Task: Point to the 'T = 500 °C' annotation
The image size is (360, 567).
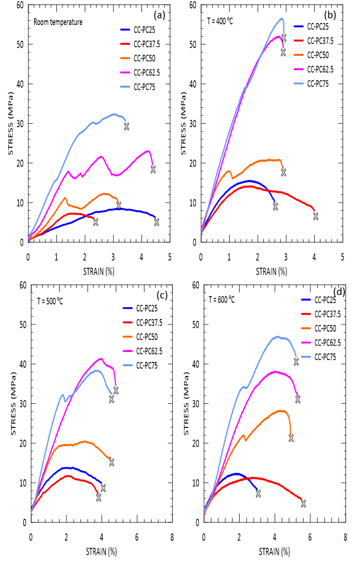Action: pyautogui.click(x=50, y=301)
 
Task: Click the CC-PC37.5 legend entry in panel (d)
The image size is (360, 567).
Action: pyautogui.click(x=327, y=314)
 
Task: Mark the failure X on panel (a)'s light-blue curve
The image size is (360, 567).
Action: pyautogui.click(x=127, y=127)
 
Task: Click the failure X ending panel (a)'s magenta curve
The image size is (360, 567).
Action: pyautogui.click(x=153, y=169)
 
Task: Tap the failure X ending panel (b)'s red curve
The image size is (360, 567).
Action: pyautogui.click(x=316, y=217)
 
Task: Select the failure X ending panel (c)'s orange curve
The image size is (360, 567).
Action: pyautogui.click(x=112, y=463)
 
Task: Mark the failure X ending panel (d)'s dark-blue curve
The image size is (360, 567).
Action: pyautogui.click(x=258, y=494)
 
